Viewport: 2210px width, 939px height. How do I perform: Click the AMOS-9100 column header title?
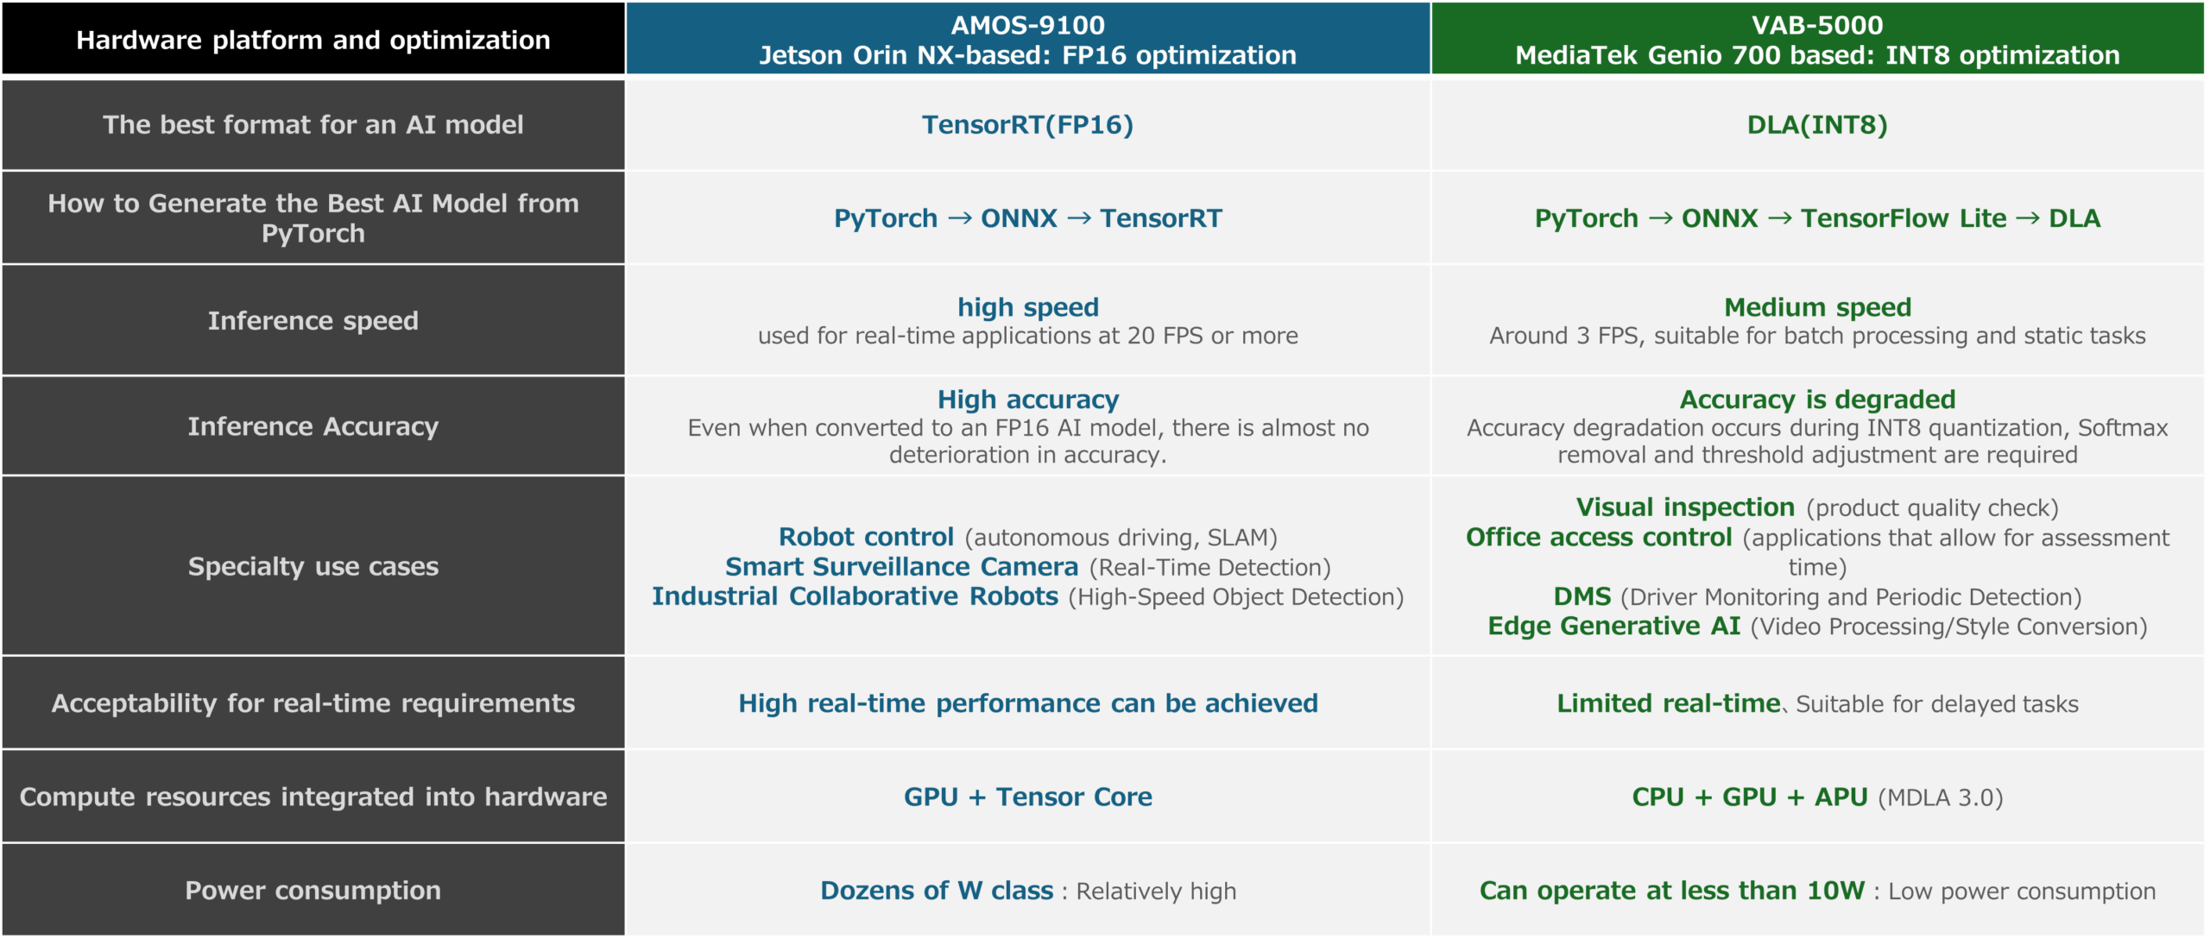tap(1027, 25)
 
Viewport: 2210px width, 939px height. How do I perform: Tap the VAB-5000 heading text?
tap(1817, 25)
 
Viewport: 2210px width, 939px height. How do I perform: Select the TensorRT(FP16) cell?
tap(1027, 125)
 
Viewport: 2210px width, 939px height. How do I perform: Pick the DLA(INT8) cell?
tap(1817, 125)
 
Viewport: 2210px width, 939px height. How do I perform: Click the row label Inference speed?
tap(313, 321)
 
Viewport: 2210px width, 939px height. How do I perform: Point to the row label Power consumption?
tap(313, 891)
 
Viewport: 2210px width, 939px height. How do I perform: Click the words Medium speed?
tap(1817, 307)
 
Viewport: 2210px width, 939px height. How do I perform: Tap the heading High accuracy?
tap(1027, 400)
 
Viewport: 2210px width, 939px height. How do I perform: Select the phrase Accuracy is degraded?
tap(1817, 400)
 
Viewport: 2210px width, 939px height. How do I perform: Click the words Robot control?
tap(866, 537)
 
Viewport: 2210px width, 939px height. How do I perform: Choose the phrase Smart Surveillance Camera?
tap(901, 567)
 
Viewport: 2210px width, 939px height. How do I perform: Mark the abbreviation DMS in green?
tap(1582, 596)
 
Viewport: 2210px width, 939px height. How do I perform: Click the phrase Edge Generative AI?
tap(1613, 626)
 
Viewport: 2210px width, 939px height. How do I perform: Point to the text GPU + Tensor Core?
tap(1027, 797)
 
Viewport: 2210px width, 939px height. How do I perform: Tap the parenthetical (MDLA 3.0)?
tap(1941, 797)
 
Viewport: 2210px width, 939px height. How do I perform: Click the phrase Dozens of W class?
tap(937, 891)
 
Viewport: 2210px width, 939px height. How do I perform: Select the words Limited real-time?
tap(1668, 703)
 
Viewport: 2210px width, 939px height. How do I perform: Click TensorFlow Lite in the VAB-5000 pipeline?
tap(1904, 218)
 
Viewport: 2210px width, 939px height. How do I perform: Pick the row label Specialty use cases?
tap(313, 567)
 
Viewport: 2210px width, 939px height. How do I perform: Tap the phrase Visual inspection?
tap(1685, 507)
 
